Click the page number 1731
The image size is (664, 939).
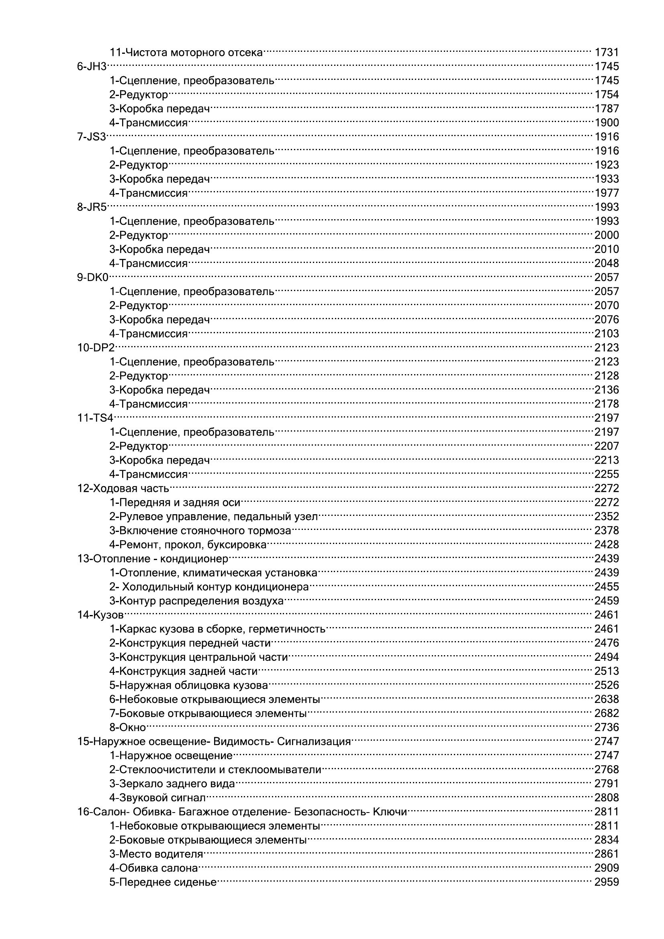(x=606, y=52)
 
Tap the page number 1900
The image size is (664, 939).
(x=606, y=123)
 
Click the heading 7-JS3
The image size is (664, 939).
(x=92, y=136)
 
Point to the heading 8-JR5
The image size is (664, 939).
(x=92, y=207)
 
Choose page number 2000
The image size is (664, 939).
(x=606, y=235)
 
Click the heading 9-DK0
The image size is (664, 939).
(x=93, y=277)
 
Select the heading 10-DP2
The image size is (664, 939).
(x=96, y=348)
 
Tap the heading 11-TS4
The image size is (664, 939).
(x=95, y=418)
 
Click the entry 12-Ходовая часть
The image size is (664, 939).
(x=123, y=488)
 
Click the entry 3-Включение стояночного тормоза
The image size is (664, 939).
(x=200, y=531)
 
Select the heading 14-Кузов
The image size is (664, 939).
(x=101, y=615)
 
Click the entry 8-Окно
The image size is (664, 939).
(x=128, y=727)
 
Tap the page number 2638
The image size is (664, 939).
(x=606, y=699)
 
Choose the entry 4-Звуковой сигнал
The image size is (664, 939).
(x=157, y=798)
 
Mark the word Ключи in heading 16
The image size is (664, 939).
(x=390, y=812)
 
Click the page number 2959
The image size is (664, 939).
(x=606, y=882)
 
